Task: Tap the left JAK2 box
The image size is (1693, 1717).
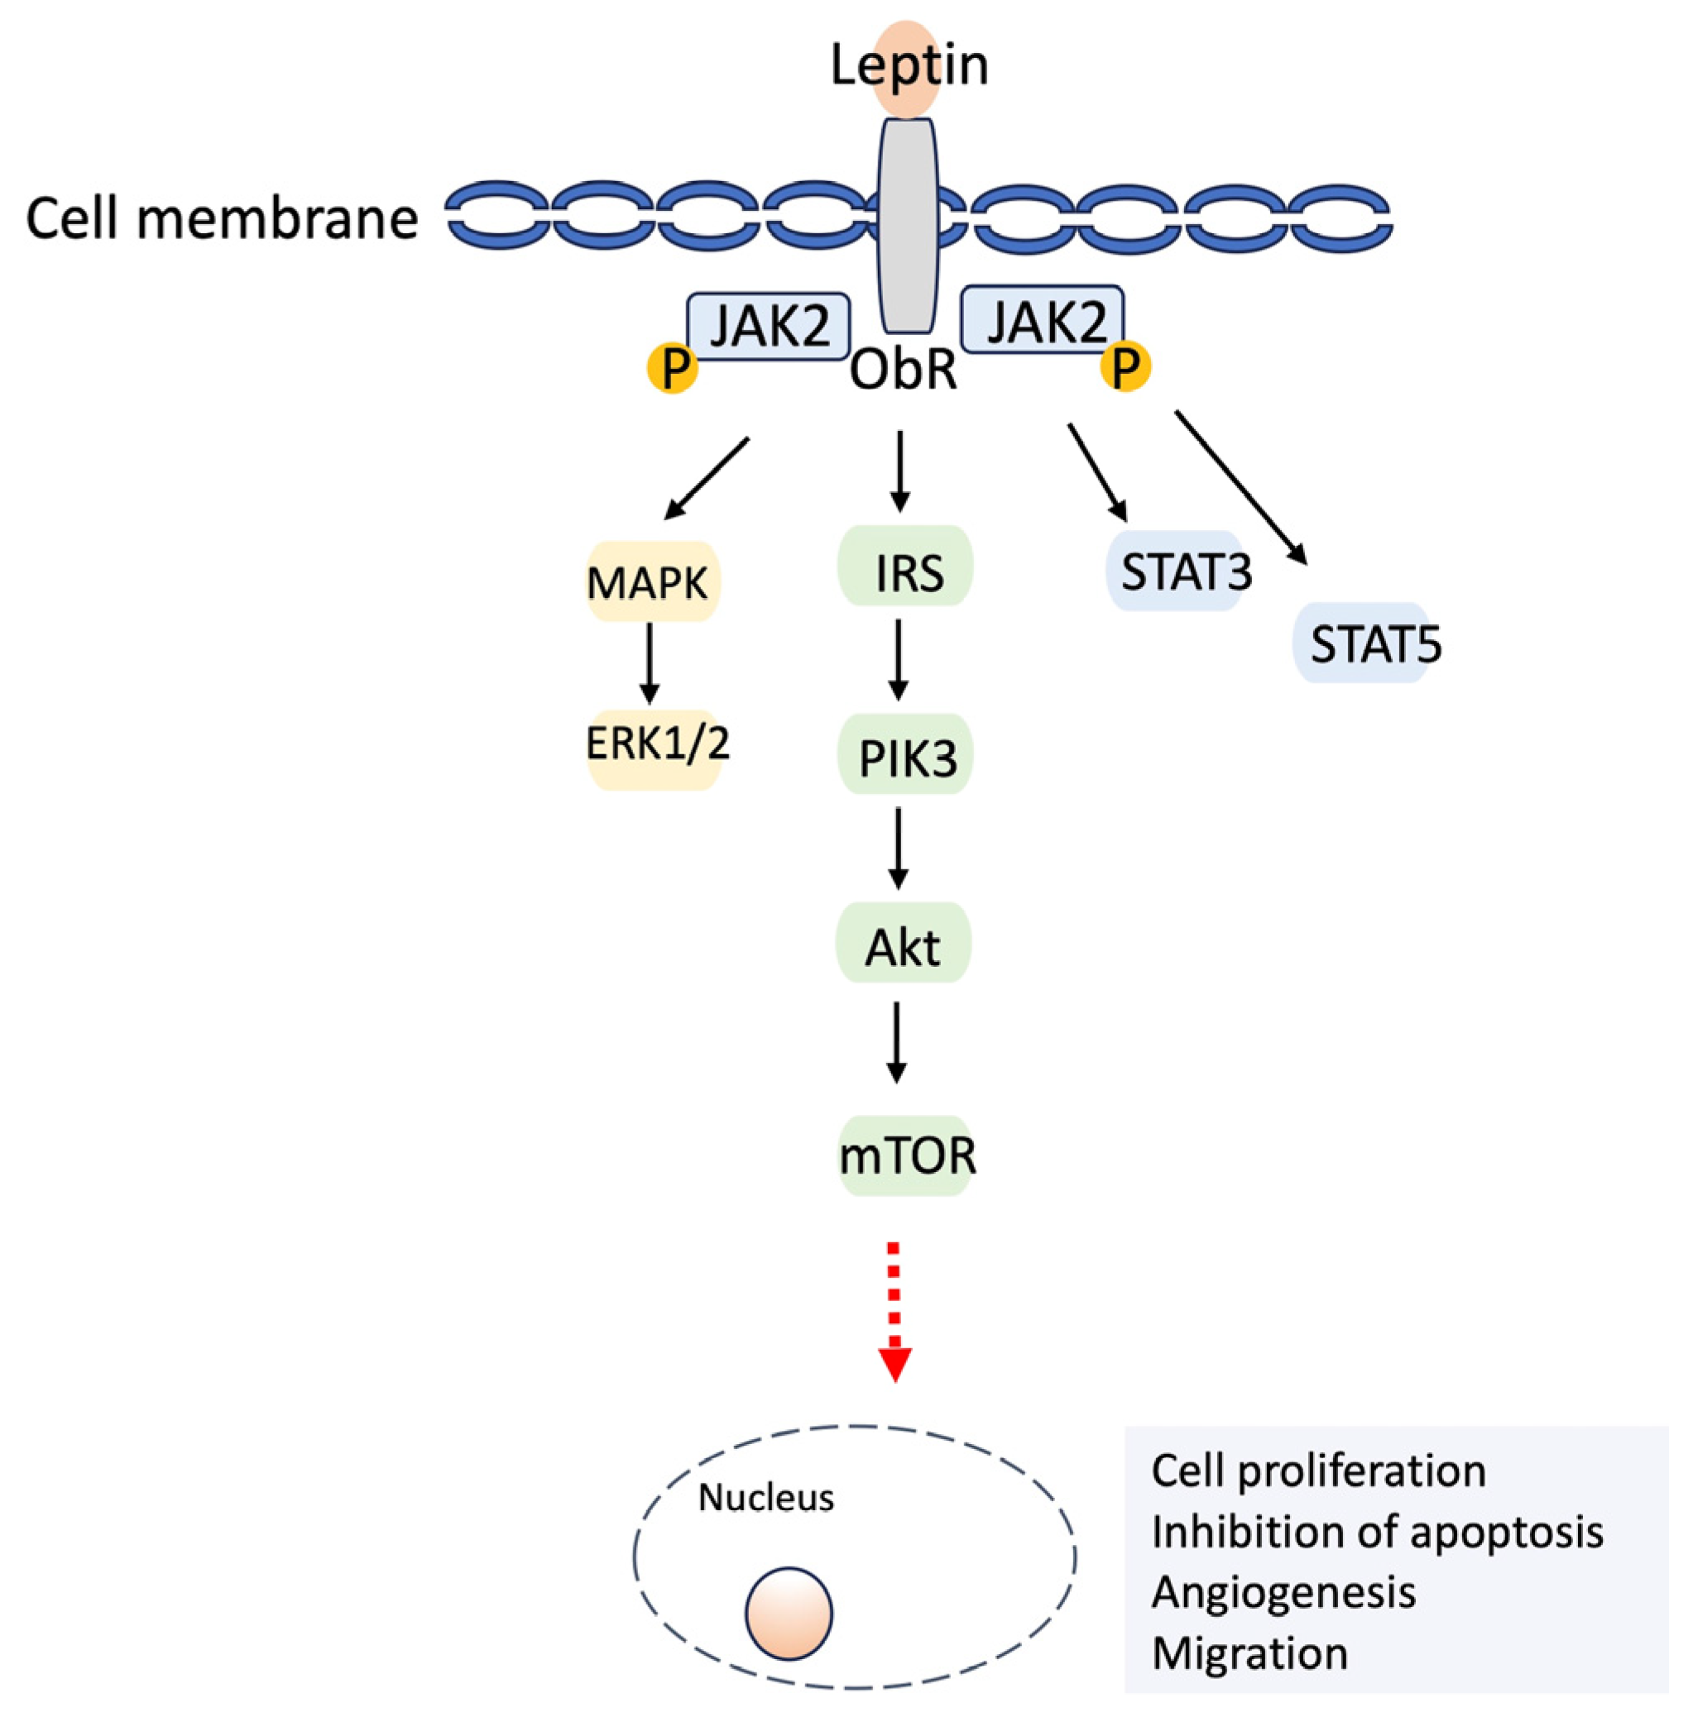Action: click(x=768, y=325)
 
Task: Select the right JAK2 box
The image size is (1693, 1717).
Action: click(x=1043, y=320)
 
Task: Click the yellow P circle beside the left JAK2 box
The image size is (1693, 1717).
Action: click(x=672, y=367)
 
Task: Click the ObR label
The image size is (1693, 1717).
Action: click(x=904, y=371)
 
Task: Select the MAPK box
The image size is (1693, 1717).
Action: click(x=652, y=582)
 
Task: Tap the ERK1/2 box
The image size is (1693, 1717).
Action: click(x=655, y=744)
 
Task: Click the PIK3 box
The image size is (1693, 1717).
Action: click(x=906, y=756)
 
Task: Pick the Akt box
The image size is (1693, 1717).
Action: click(x=903, y=945)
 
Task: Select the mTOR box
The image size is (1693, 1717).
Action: click(x=906, y=1155)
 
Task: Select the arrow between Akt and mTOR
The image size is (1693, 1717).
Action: click(x=896, y=1041)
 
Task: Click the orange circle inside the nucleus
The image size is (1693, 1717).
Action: click(x=789, y=1612)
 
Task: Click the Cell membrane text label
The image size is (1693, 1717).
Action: click(x=223, y=218)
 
